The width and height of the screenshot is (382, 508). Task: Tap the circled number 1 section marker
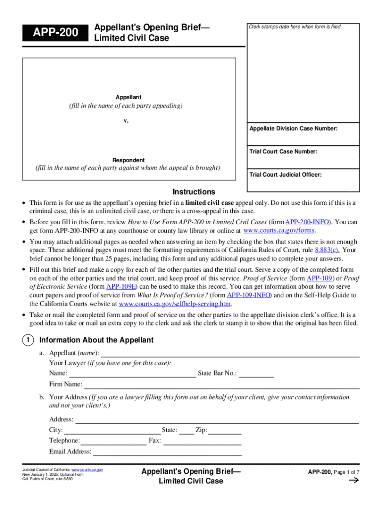[x=27, y=340]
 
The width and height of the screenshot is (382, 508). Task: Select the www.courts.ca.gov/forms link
[x=279, y=231]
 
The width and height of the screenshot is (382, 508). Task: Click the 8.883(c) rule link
[x=327, y=250]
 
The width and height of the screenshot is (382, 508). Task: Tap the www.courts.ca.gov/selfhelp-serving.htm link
[x=175, y=304]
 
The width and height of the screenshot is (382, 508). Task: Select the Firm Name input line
[x=221, y=384]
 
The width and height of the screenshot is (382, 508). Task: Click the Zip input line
[x=225, y=430]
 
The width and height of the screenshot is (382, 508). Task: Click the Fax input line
[x=202, y=441]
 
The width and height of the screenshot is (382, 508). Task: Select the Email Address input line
[x=167, y=452]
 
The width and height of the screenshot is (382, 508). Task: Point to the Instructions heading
[x=193, y=192]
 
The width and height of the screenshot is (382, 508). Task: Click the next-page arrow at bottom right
[x=354, y=480]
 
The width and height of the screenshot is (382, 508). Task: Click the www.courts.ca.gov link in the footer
[x=87, y=469]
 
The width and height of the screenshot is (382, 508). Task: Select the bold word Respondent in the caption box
[x=128, y=160]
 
